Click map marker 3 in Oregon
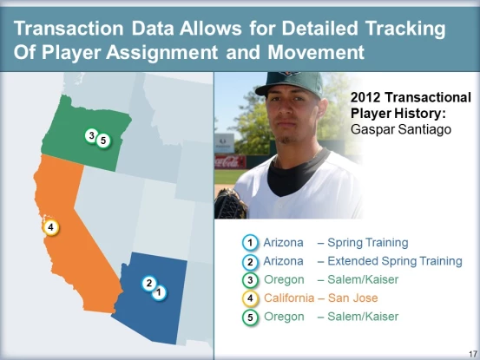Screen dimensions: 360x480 point(91,135)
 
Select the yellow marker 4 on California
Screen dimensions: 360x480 point(51,227)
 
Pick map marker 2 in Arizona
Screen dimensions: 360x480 point(149,284)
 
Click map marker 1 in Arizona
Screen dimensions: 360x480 point(159,292)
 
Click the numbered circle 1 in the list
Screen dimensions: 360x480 point(250,243)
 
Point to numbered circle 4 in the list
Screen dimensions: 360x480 point(250,298)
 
